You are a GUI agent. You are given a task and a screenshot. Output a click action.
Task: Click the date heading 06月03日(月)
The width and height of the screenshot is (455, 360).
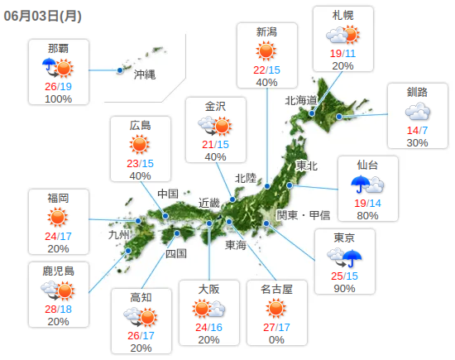(x=41, y=15)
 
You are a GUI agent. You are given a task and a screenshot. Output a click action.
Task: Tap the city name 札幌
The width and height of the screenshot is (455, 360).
(x=343, y=16)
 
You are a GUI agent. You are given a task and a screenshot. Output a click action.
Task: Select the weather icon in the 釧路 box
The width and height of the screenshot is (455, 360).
(x=418, y=111)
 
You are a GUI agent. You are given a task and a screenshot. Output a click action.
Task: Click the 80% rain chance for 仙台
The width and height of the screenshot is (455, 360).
(x=368, y=216)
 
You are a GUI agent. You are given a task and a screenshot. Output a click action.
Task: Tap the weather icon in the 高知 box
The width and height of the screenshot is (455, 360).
(x=141, y=316)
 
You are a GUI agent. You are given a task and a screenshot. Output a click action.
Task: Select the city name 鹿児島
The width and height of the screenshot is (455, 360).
(x=58, y=271)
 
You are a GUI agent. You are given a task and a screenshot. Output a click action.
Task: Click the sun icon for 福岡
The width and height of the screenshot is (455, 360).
(x=58, y=217)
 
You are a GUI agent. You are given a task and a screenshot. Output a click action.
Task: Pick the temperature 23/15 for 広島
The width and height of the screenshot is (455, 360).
(x=140, y=163)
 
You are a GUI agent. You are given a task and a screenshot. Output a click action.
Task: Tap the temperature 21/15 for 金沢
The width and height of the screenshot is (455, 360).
(x=215, y=144)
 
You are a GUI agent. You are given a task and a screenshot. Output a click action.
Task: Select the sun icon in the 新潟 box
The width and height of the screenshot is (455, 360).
(x=266, y=50)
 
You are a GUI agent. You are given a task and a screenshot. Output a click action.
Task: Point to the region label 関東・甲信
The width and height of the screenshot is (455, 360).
(x=303, y=215)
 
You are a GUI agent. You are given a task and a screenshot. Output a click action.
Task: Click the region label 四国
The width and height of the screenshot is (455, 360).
(x=176, y=253)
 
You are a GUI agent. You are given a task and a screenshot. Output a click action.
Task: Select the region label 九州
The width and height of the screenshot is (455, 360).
(x=119, y=234)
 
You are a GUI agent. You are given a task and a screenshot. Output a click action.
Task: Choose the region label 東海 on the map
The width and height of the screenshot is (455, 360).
(x=236, y=245)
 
